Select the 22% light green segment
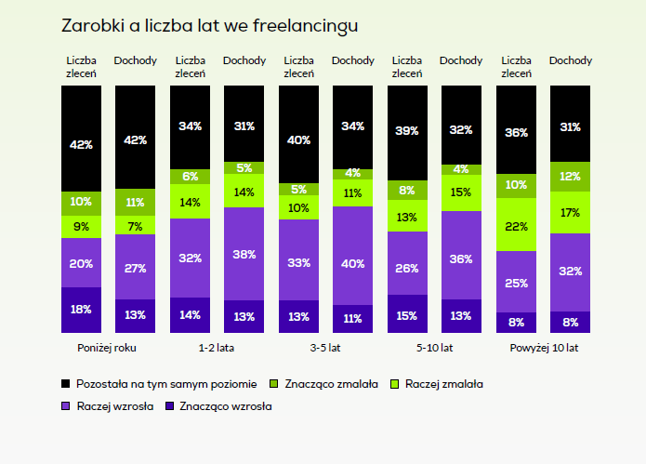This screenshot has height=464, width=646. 516,225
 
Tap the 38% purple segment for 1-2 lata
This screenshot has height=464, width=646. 244,254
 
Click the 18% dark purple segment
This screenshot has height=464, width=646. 81,310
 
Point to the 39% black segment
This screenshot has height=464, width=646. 407,132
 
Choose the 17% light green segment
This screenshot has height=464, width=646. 570,212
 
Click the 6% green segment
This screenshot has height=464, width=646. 190,176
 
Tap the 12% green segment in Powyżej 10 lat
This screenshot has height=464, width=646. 570,177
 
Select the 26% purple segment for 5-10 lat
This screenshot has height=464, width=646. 407,269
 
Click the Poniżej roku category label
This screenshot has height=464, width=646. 108,348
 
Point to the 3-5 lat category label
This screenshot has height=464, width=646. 325,348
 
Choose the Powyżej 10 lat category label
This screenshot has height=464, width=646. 543,348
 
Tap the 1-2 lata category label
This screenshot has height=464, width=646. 217,348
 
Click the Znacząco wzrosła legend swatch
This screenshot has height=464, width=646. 170,405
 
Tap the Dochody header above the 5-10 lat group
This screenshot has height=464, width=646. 461,60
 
